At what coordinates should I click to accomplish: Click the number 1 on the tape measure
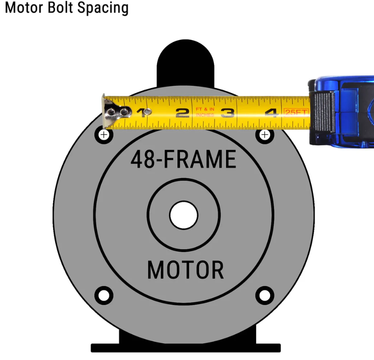click(x=141, y=113)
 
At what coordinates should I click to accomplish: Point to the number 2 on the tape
click(x=182, y=113)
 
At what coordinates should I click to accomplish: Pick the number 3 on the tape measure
click(x=227, y=113)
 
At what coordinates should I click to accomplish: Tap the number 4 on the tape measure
click(x=271, y=113)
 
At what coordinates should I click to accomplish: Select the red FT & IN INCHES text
click(x=205, y=112)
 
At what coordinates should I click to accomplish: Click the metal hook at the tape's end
click(x=112, y=112)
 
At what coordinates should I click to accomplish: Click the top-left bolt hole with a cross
click(x=103, y=135)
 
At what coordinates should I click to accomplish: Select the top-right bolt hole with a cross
click(x=265, y=135)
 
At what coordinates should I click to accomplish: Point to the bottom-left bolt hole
click(x=103, y=295)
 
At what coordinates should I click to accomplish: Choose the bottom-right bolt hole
click(x=265, y=295)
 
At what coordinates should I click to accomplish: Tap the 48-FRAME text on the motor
click(x=183, y=160)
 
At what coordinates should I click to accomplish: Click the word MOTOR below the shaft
click(x=185, y=270)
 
